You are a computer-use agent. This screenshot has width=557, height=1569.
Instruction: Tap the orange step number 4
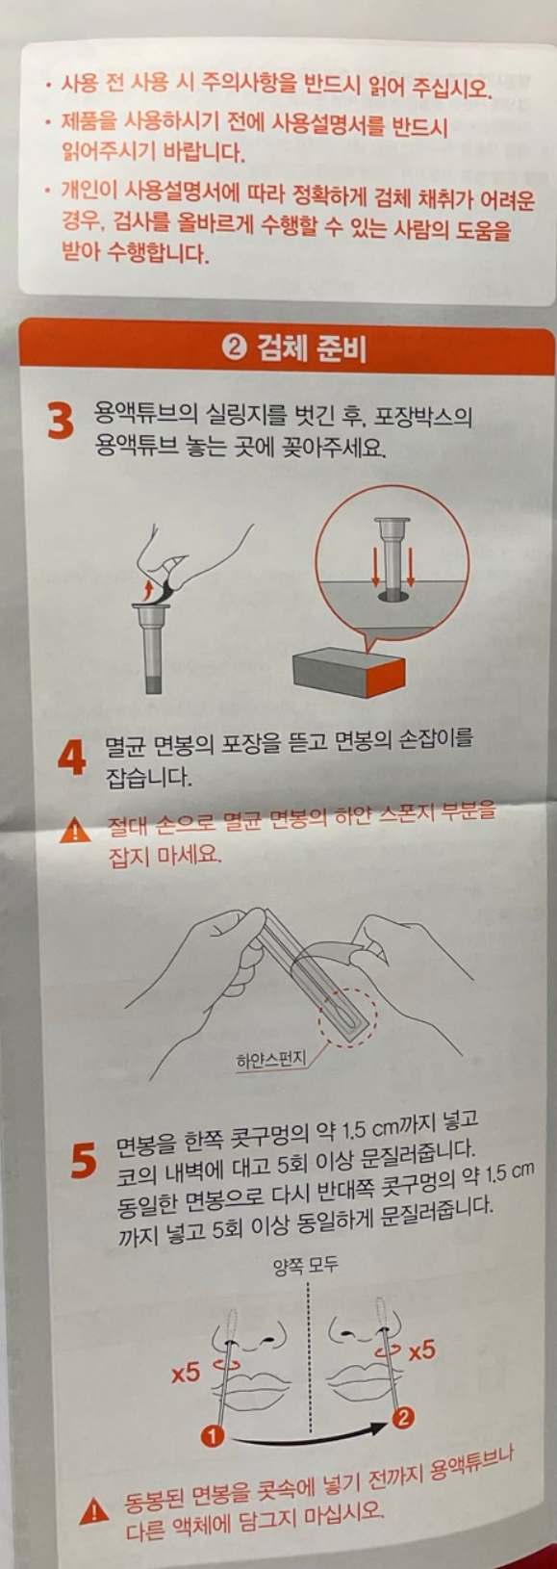[x=72, y=758]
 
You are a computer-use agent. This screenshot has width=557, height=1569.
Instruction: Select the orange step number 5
[x=84, y=1161]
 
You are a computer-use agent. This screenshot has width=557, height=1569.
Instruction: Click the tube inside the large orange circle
[x=392, y=554]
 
